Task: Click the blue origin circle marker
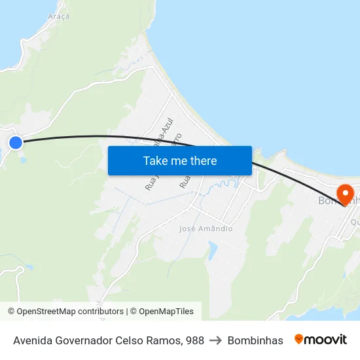click(x=15, y=142)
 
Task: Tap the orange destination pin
click(x=344, y=193)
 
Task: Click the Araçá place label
click(x=58, y=16)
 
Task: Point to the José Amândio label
click(x=206, y=228)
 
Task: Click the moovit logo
click(x=321, y=340)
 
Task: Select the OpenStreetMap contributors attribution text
click(x=70, y=312)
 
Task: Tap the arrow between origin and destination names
click(x=216, y=340)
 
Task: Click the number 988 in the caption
click(x=194, y=340)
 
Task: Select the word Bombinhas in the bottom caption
click(x=255, y=340)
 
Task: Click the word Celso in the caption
click(x=134, y=340)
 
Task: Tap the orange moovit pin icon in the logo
click(x=299, y=339)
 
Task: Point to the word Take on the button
click(x=156, y=160)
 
